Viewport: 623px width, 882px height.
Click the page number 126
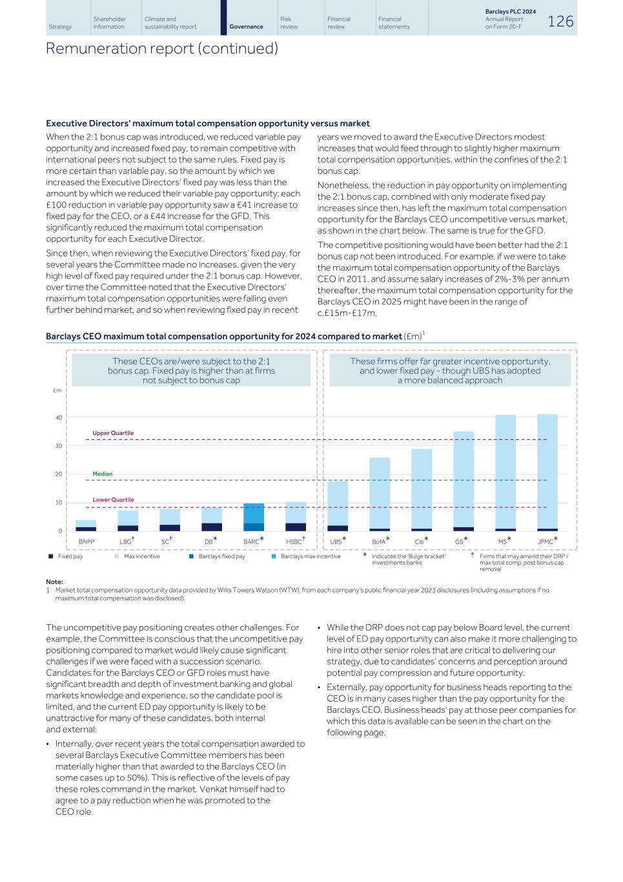pyautogui.click(x=560, y=21)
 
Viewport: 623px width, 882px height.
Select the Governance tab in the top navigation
pyautogui.click(x=246, y=26)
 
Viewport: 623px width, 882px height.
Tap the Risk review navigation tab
pyautogui.click(x=289, y=23)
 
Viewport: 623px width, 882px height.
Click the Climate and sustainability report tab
pyautogui.click(x=170, y=23)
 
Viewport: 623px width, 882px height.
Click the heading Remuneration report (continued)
pyautogui.click(x=161, y=48)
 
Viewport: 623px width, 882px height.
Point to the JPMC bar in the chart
pyautogui.click(x=547, y=472)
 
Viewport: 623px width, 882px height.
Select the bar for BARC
pyautogui.click(x=253, y=517)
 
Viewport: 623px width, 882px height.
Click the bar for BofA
pyautogui.click(x=380, y=494)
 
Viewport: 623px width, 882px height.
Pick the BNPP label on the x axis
pyautogui.click(x=87, y=541)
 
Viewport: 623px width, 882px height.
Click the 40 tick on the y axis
pyautogui.click(x=59, y=417)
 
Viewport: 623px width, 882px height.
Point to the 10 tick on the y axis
pyautogui.click(x=59, y=503)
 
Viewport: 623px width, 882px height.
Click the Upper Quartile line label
pyautogui.click(x=113, y=433)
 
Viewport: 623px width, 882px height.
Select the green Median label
pyautogui.click(x=102, y=474)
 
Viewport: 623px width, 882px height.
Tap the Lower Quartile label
pyautogui.click(x=113, y=499)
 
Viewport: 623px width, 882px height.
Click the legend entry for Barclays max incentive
pyautogui.click(x=310, y=556)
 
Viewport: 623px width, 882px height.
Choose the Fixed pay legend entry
pyautogui.click(x=70, y=556)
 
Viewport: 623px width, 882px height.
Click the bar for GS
pyautogui.click(x=464, y=481)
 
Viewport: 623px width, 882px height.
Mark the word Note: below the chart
pyautogui.click(x=54, y=582)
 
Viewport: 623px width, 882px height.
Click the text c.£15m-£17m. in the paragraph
pyautogui.click(x=347, y=313)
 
